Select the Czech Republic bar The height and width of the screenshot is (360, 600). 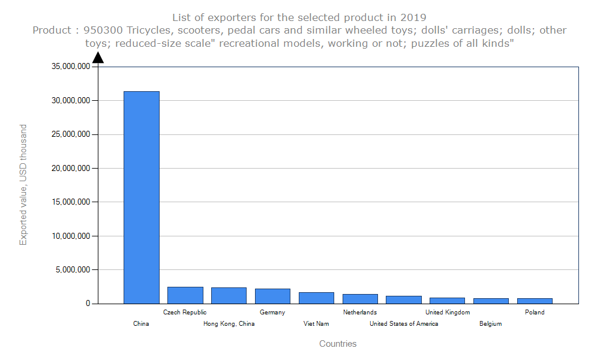(x=185, y=295)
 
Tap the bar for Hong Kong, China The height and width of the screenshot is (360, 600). (x=229, y=295)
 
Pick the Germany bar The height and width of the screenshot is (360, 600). (x=272, y=296)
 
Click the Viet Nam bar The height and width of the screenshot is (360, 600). (x=316, y=298)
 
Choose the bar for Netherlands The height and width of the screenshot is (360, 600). (x=360, y=299)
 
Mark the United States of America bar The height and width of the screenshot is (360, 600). (x=404, y=299)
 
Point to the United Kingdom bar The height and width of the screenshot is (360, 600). (x=448, y=301)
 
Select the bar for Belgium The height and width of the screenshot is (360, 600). (x=491, y=301)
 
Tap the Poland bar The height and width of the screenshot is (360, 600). (x=535, y=301)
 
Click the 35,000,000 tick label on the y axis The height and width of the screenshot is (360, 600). (x=71, y=67)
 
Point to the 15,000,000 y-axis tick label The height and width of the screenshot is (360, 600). (x=71, y=202)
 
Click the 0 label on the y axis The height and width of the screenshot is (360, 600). (x=88, y=304)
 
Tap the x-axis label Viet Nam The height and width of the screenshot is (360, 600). (x=316, y=324)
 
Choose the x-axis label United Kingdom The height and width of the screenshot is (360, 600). (x=448, y=313)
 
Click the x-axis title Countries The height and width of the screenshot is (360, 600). (x=338, y=344)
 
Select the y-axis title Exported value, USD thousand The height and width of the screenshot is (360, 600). (x=23, y=185)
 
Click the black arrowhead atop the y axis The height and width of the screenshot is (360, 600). (x=98, y=58)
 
